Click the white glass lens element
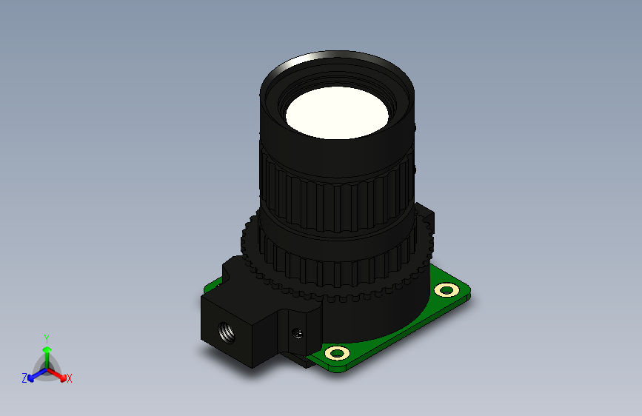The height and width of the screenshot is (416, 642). [337, 113]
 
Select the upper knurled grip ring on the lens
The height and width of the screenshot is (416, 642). [337, 197]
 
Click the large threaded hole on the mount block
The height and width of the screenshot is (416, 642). [227, 332]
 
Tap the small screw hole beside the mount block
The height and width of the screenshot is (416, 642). [298, 333]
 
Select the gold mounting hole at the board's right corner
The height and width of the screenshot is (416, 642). [447, 290]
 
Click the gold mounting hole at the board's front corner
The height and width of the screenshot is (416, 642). [337, 352]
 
